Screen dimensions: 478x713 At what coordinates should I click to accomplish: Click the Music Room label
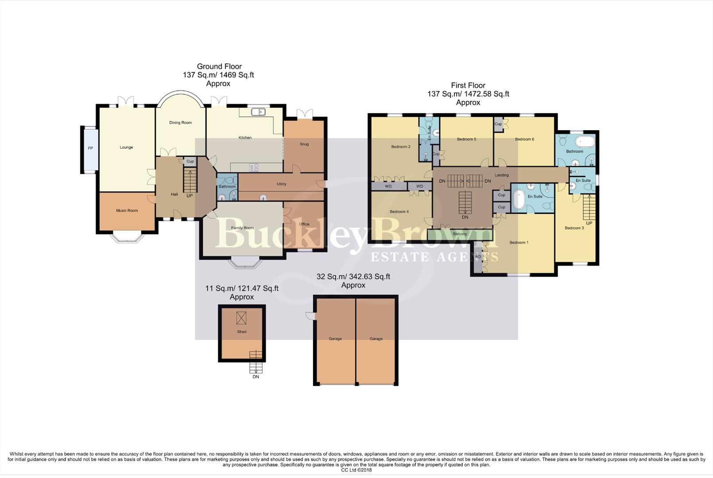pos(127,211)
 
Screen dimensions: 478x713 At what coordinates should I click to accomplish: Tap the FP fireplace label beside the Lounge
pos(90,148)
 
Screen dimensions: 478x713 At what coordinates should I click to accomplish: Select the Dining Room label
pos(180,123)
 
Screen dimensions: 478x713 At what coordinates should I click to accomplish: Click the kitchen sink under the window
pos(258,112)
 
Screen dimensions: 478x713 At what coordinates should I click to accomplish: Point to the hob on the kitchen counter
pos(254,167)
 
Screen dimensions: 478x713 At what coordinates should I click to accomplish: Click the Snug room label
pos(304,144)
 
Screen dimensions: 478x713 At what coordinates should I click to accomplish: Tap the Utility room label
pos(282,184)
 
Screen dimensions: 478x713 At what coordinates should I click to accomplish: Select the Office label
pos(304,224)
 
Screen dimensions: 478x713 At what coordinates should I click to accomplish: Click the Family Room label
pos(242,228)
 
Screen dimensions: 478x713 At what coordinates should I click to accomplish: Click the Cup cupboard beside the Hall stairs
pos(190,162)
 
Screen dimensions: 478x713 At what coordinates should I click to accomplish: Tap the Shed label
pos(242,332)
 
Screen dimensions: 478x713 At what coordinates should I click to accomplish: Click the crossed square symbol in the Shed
pos(241,318)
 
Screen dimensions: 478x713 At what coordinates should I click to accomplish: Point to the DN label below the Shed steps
pos(256,377)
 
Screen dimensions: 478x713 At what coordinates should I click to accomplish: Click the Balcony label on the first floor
pos(460,234)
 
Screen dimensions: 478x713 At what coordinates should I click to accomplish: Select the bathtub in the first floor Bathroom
pos(585,142)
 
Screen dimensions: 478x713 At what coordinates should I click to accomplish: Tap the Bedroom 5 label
pos(466,139)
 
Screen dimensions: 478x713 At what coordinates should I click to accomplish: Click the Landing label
pos(501,175)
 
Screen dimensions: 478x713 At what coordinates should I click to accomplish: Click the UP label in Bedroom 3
pos(589,224)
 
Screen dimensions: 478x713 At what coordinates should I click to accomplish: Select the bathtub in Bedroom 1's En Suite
pos(519,200)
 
